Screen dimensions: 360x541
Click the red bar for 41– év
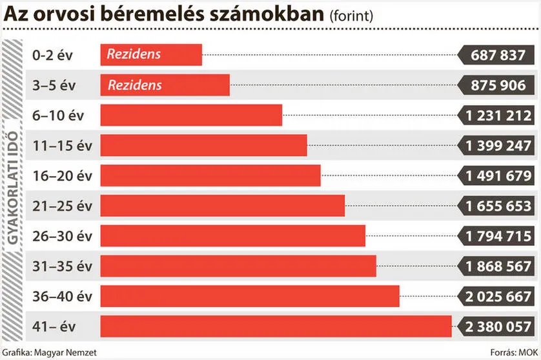pyautogui.click(x=276, y=326)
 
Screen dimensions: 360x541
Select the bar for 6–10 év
pyautogui.click(x=191, y=115)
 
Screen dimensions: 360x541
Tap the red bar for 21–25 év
pyautogui.click(x=222, y=205)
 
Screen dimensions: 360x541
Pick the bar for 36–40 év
pyautogui.click(x=250, y=295)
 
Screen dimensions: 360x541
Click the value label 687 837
pyautogui.click(x=498, y=55)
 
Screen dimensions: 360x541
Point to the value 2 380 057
pyautogui.click(x=498, y=326)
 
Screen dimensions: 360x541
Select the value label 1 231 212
pyautogui.click(x=498, y=115)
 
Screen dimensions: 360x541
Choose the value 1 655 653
pyautogui.click(x=498, y=206)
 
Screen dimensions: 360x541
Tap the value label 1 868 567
pyautogui.click(x=498, y=266)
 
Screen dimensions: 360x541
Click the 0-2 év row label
pyautogui.click(x=53, y=55)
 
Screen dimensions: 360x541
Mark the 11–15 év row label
pyautogui.click(x=62, y=145)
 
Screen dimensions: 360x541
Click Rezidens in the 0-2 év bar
pyautogui.click(x=134, y=55)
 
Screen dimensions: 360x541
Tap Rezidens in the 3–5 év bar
pyautogui.click(x=135, y=85)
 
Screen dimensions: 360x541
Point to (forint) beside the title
pyautogui.click(x=351, y=16)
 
